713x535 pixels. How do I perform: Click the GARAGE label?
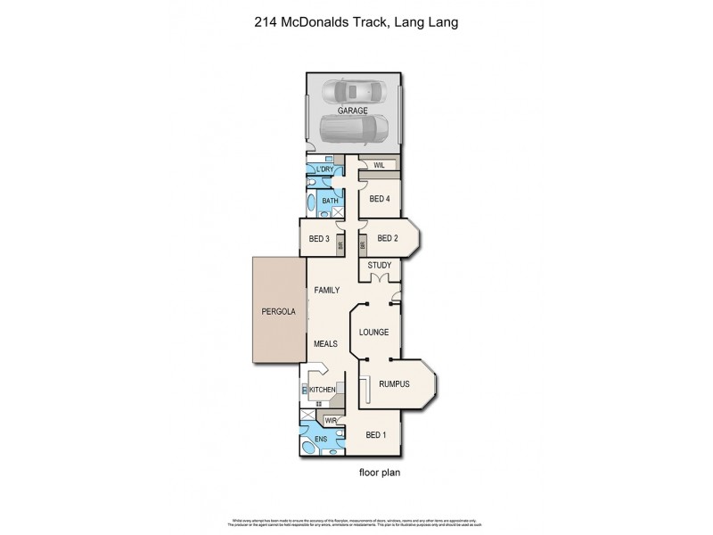coord(353,111)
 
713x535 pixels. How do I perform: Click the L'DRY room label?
coord(323,169)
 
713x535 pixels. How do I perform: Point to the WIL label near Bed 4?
coord(379,165)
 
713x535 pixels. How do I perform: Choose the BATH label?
coord(330,201)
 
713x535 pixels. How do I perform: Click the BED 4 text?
coord(380,198)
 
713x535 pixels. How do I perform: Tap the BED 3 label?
coord(319,238)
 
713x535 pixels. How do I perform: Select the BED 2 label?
coord(388,238)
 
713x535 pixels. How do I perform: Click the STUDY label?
coord(380,265)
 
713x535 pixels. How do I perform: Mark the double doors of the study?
coord(380,280)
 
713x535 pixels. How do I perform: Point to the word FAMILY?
coord(327,291)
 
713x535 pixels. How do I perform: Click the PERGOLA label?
coord(278,313)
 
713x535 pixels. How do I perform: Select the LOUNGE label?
coord(374,332)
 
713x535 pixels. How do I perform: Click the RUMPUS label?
coord(393,384)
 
